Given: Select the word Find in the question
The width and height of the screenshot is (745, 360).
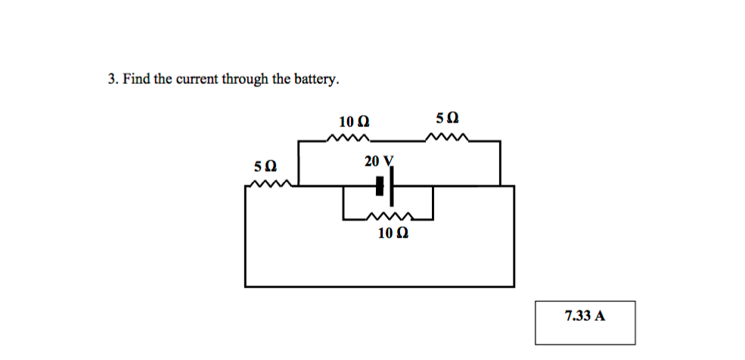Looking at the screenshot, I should tap(136, 79).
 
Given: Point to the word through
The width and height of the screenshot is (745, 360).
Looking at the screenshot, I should tap(244, 79).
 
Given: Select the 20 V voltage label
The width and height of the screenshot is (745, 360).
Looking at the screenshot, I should tap(379, 161).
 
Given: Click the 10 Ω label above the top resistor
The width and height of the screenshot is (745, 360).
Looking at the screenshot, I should tap(354, 121).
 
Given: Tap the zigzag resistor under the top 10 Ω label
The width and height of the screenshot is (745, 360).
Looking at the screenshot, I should tap(347, 139).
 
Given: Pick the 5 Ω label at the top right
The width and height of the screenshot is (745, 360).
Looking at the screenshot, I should tap(447, 118).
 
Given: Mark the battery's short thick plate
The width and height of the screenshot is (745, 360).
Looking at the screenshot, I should tap(380, 186).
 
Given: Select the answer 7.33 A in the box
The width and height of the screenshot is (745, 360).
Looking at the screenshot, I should tap(585, 315).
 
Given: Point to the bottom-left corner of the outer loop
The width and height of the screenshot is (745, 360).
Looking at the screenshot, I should tap(246, 287).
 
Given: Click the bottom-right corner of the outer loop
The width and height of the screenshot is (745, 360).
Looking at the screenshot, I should tap(514, 287).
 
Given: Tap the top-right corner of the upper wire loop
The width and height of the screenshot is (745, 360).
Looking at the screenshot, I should tap(500, 141).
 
